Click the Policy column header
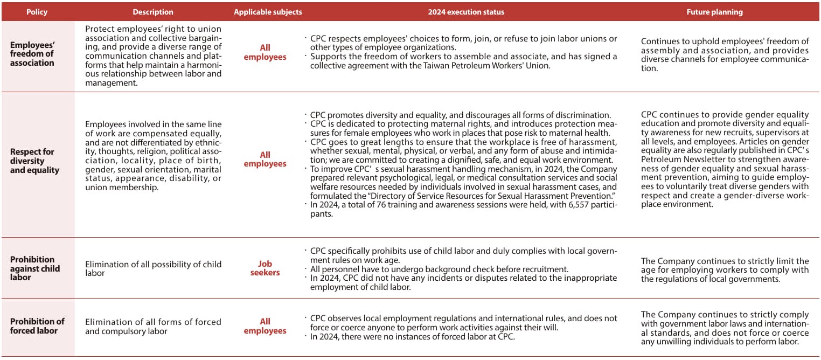(37, 12)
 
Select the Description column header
(153, 12)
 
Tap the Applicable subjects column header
(268, 12)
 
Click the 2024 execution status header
(466, 12)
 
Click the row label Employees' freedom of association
(32, 54)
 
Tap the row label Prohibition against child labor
(35, 268)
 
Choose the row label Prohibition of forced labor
(37, 326)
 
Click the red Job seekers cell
(265, 268)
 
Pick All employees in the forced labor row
(265, 326)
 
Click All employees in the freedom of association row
(265, 52)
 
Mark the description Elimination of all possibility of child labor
(153, 268)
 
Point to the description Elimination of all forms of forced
(153, 322)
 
